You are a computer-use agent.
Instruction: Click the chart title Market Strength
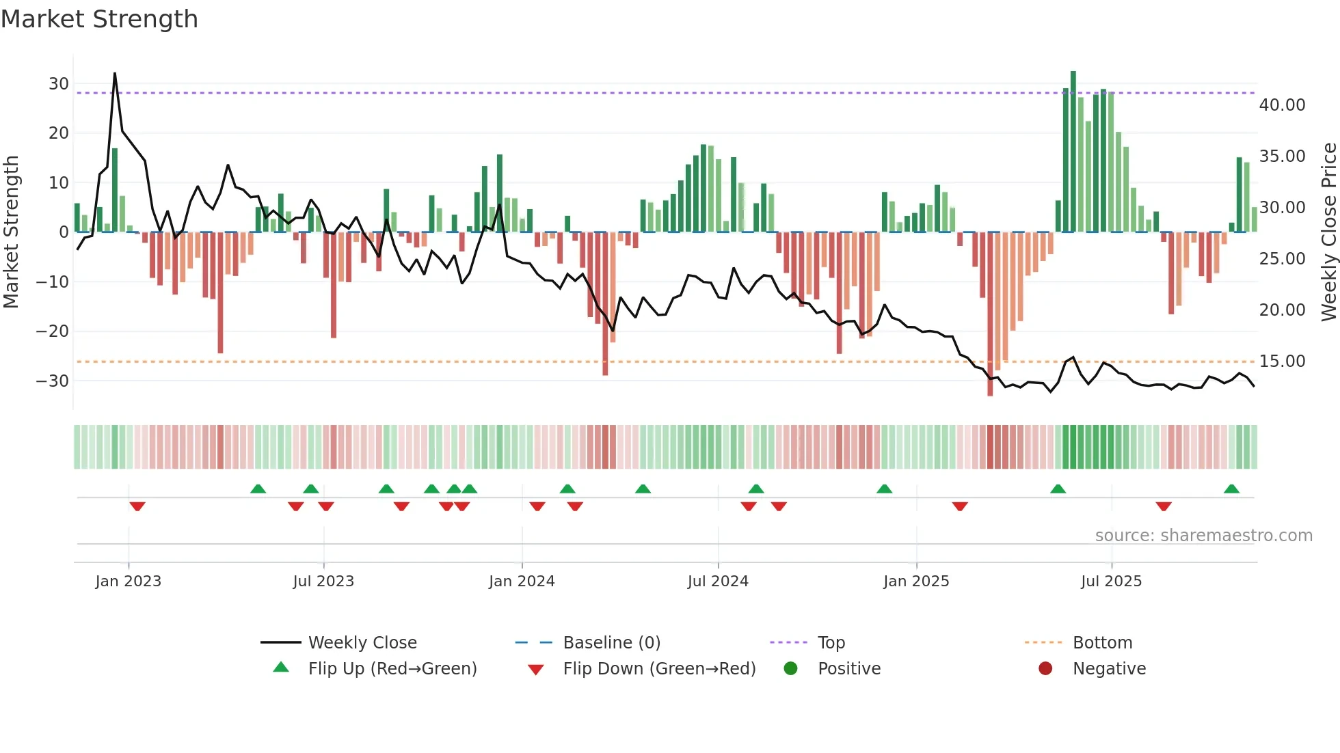99,19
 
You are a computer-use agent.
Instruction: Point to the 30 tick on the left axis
59,84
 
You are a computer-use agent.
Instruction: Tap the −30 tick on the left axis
53,381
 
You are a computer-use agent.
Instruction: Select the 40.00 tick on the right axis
1282,105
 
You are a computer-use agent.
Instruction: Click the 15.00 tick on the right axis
1282,361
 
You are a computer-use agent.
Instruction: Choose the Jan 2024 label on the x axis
522,581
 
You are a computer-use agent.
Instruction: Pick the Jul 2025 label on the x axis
1111,581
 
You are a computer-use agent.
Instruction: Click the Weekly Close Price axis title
1328,232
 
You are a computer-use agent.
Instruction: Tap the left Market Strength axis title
11,232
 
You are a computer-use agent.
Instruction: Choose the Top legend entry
831,643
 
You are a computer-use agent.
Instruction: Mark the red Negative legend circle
1045,669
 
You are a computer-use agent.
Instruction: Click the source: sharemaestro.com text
1203,536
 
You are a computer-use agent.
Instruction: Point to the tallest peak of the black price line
115,73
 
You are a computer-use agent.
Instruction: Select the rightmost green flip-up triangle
1231,489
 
